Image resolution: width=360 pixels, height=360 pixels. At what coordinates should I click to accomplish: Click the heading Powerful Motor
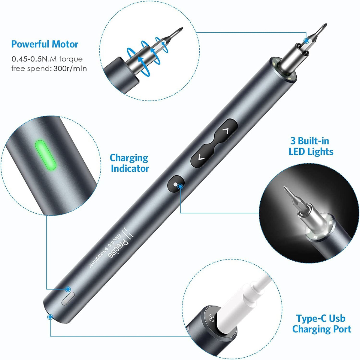click(45, 44)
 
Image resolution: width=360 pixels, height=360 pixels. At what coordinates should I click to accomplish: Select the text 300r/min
click(70, 69)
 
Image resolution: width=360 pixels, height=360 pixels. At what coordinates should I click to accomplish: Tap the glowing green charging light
click(46, 155)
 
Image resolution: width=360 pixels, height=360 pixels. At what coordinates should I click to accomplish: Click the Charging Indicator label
click(129, 163)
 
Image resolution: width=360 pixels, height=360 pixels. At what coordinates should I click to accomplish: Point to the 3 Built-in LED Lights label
click(311, 146)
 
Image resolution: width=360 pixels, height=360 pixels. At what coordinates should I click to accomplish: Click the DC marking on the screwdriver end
click(211, 318)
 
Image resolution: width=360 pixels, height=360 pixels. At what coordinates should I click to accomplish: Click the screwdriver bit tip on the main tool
click(325, 25)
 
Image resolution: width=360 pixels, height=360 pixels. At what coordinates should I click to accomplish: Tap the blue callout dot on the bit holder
click(306, 41)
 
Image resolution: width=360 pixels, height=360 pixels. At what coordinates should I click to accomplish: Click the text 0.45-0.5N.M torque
click(47, 59)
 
